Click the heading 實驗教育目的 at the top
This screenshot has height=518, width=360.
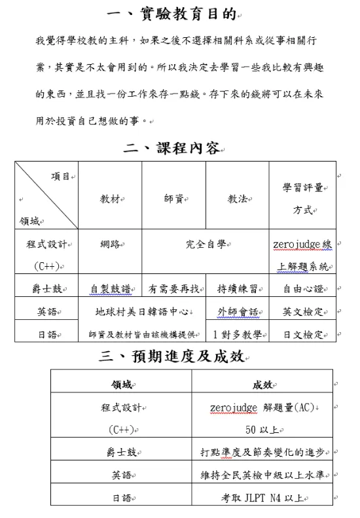171,14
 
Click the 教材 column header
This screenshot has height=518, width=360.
109,198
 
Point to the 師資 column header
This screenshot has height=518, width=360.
173,198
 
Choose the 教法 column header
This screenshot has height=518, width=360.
237,198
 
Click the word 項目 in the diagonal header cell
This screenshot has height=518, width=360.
61,176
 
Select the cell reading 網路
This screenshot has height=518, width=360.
109,244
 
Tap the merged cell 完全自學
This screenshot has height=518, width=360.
206,244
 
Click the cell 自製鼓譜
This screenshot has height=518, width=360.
109,288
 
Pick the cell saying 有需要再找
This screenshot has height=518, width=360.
173,288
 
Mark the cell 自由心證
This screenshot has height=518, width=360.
302,288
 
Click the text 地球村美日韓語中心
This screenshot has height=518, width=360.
141,311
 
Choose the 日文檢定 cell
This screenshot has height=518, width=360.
302,334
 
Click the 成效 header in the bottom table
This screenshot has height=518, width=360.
262,385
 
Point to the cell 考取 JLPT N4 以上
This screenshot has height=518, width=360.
262,498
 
